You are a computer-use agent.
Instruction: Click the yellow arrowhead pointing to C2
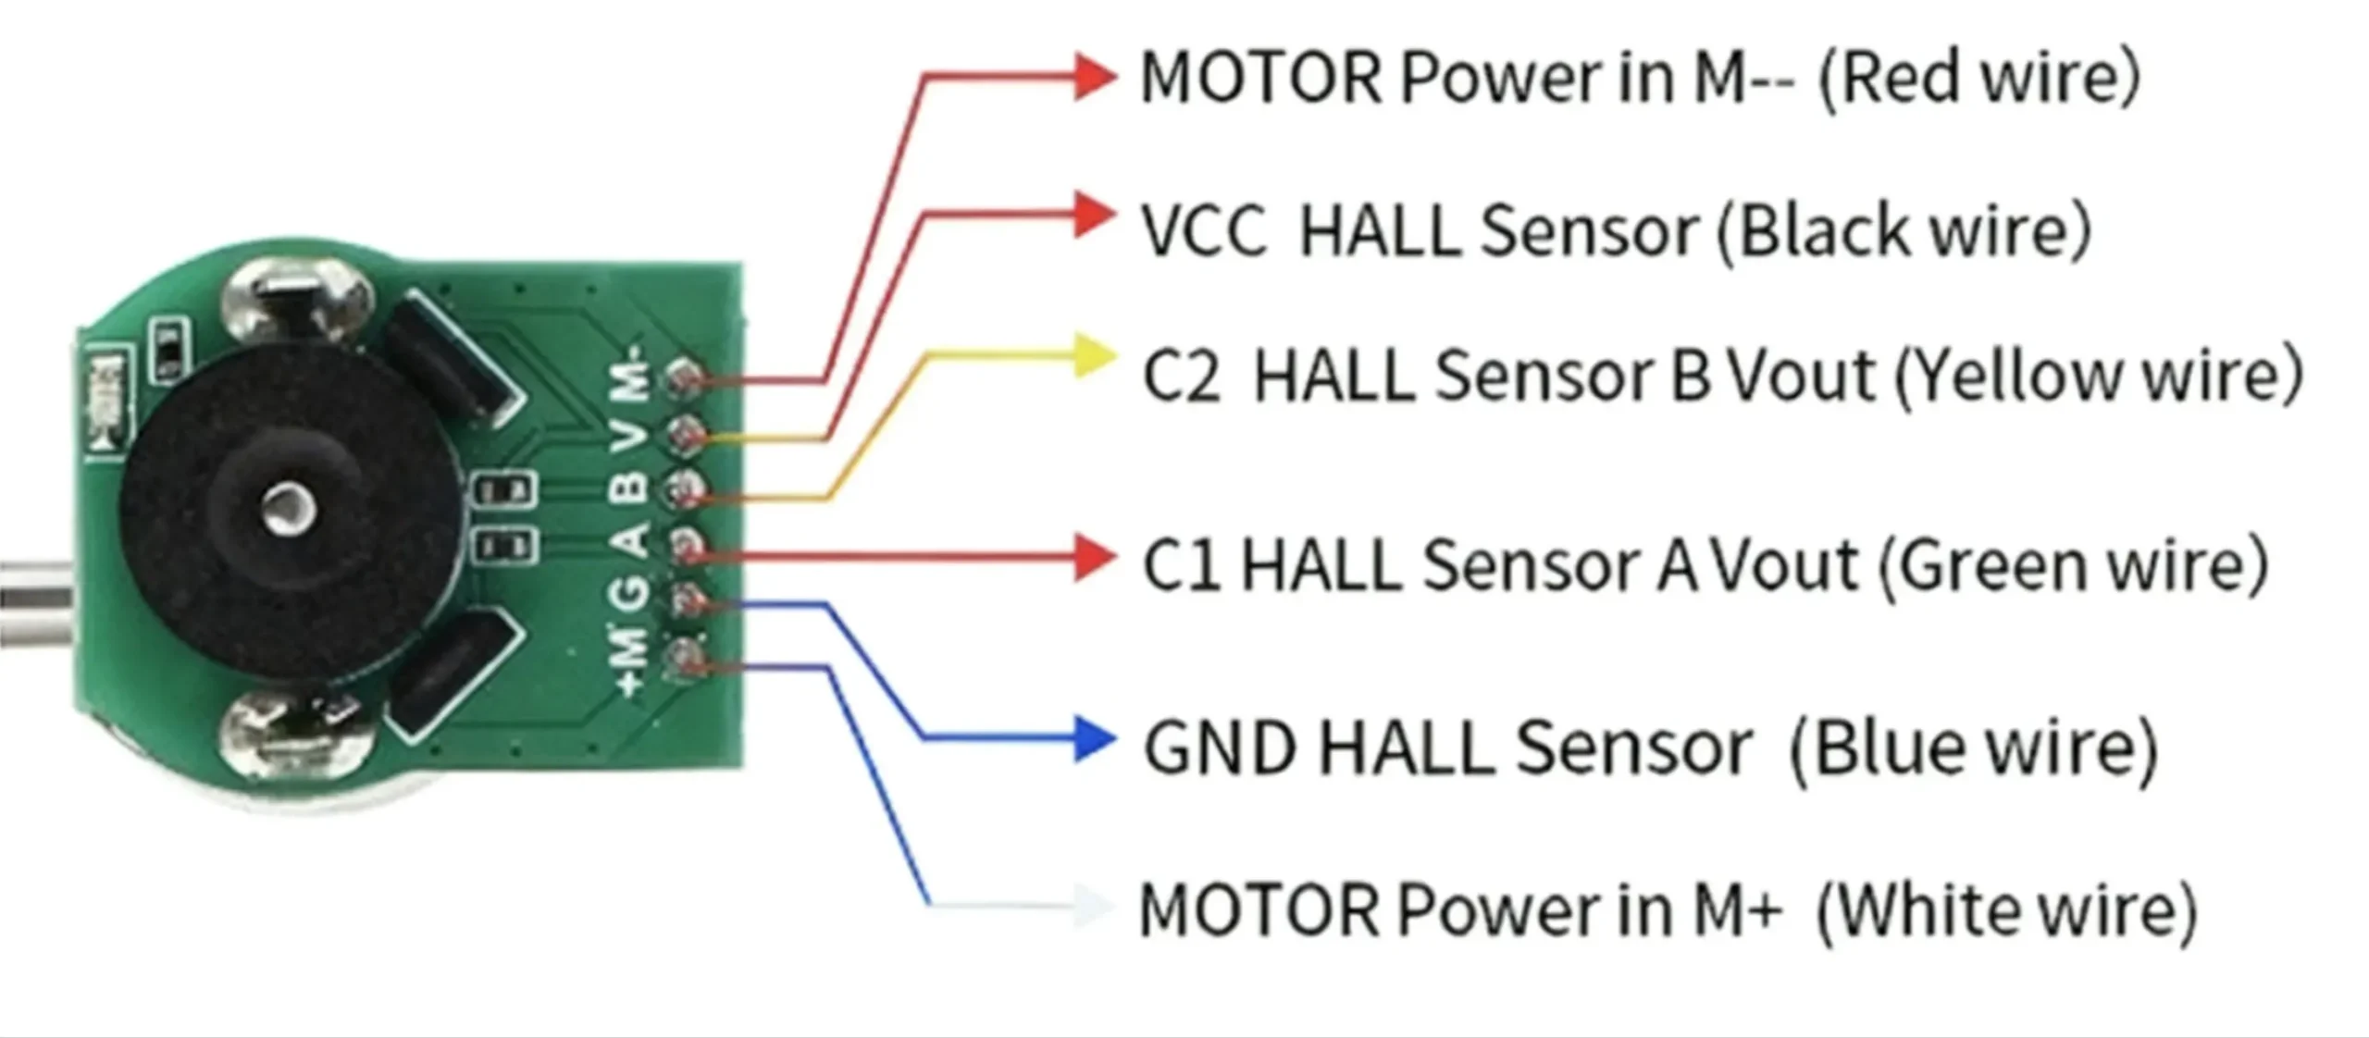point(1094,359)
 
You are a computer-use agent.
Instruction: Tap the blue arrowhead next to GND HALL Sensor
point(1096,738)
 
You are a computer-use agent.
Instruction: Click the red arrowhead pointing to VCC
point(1094,215)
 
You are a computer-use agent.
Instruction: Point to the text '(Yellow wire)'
point(2099,376)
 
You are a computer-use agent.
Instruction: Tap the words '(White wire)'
point(2006,910)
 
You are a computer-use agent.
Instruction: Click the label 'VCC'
point(1203,231)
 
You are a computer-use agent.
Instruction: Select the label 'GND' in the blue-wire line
point(1220,748)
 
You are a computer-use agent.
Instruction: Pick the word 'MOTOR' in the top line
point(1260,78)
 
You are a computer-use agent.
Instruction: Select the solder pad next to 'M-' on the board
point(685,377)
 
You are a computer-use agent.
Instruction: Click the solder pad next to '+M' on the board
point(685,657)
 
